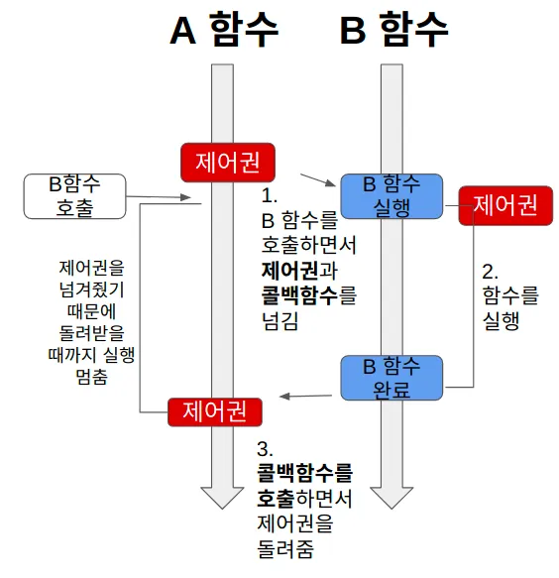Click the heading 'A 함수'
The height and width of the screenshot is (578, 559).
coord(223,29)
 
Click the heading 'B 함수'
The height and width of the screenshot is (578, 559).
coord(393,29)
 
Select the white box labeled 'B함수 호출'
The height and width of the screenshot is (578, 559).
coord(74,196)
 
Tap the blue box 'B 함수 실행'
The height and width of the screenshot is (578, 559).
coord(391,196)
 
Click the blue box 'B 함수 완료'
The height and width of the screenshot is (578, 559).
coord(391,378)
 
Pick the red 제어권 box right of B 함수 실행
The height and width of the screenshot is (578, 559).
coord(505,205)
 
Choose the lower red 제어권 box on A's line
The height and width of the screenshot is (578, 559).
coord(215,412)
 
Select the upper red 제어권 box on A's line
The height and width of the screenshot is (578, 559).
coord(228,163)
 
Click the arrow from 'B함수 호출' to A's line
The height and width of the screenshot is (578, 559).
coord(159,197)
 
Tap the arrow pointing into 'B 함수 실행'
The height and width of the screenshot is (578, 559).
coord(318,179)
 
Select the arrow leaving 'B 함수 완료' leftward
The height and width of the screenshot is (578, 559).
coord(306,397)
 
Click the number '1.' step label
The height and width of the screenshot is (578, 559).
coord(270,195)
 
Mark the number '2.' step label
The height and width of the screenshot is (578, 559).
coord(490,272)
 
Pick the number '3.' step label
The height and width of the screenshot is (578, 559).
coord(265,449)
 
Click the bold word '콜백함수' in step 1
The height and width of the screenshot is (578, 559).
coord(299,295)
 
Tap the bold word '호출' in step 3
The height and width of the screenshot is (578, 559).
coord(276,498)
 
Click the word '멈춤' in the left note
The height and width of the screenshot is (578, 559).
coord(91,377)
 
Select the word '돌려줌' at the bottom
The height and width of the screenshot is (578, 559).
coord(285,549)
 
